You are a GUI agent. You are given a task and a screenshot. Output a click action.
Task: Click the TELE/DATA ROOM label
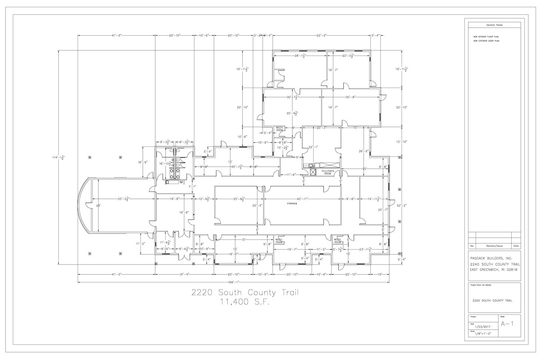pos(328,172)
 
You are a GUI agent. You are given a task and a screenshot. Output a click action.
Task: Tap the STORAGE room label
pos(292,204)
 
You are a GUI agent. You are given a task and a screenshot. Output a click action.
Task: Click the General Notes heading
pos(494,25)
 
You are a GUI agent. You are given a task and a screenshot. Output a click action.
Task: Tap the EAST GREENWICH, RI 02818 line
pos(494,270)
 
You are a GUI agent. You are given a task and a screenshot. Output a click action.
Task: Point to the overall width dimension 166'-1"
pos(234,282)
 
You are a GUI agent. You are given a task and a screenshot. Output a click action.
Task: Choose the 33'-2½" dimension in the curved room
pos(123,199)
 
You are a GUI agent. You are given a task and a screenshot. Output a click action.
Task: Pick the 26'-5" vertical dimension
pos(363,151)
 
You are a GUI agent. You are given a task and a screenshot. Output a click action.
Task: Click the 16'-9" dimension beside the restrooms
pos(143,162)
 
